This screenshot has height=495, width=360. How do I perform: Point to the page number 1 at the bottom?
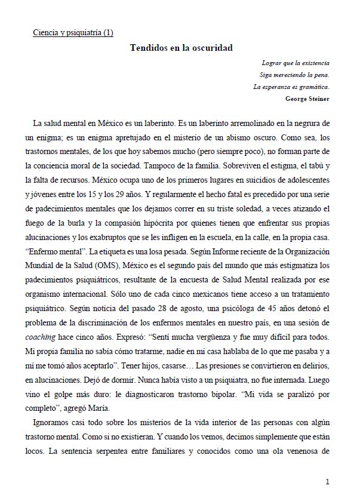(x=328, y=481)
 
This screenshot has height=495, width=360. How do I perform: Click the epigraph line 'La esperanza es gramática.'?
(x=291, y=87)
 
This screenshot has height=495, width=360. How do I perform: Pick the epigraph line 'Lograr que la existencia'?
(x=296, y=63)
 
